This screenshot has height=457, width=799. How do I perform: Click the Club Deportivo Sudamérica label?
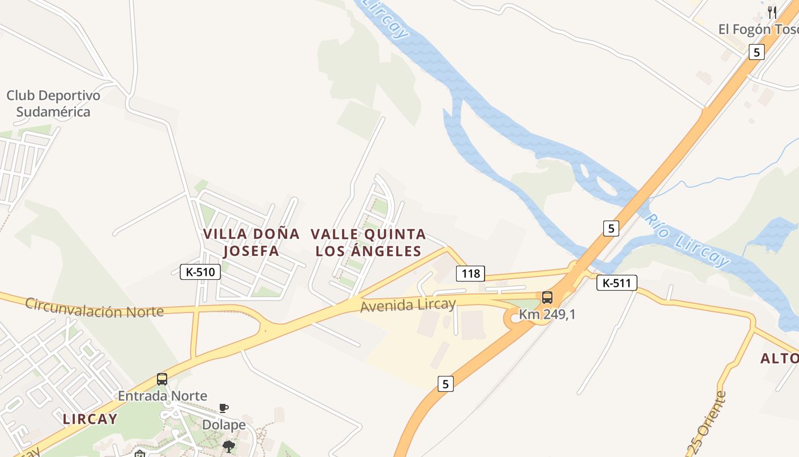pos(53,103)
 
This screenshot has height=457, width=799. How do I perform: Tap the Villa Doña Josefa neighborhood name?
pos(251,242)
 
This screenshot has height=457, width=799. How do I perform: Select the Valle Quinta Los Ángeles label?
pos(369,242)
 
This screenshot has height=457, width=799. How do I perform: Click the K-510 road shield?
pos(200,272)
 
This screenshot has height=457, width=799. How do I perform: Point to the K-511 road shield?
pos(616,282)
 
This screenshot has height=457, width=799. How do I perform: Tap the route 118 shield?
pos(470,274)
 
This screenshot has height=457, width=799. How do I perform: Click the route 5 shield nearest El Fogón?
pos(757,52)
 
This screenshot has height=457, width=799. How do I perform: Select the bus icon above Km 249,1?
pos(547,298)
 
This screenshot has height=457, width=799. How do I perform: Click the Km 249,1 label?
pos(547,314)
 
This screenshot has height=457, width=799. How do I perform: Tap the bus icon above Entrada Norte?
pos(162,379)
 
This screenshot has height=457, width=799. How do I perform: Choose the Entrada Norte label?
pos(163,395)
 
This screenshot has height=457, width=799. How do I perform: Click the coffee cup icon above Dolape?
pos(224,408)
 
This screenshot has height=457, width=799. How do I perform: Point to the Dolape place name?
pos(224,424)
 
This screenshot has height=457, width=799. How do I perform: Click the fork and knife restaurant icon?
pos(772,12)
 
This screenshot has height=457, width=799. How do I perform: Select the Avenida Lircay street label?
pos(408,305)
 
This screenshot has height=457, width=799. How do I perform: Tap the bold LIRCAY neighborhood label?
pos(90,419)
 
